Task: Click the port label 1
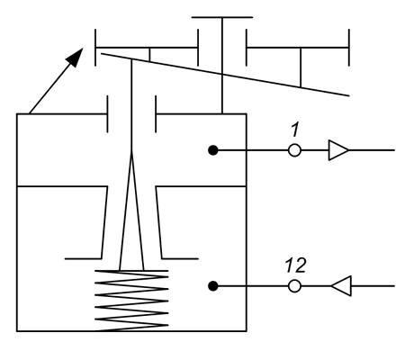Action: tap(295, 130)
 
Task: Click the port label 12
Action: tap(295, 265)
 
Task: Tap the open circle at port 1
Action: tap(294, 150)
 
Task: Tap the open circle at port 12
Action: tap(294, 286)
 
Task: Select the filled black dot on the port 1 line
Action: tap(213, 150)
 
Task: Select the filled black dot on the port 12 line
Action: tap(213, 286)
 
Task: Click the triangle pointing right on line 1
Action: tap(338, 150)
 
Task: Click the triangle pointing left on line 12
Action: tap(341, 286)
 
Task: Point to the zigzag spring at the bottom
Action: tap(131, 301)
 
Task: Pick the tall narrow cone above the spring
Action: tap(131, 210)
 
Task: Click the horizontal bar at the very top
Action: tap(222, 17)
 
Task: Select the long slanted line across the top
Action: tap(225, 75)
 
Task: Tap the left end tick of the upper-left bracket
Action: tap(95, 48)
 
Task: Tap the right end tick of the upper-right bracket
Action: tap(349, 48)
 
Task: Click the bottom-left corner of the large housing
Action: tap(17, 331)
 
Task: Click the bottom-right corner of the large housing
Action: tap(247, 331)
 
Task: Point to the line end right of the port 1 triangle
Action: tap(394, 150)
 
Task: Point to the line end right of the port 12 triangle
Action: tap(394, 286)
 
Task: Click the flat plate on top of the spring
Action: tap(131, 271)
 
